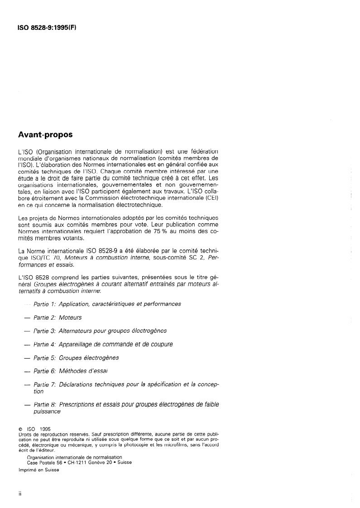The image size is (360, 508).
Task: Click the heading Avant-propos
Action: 45,134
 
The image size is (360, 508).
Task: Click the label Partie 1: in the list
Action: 44,304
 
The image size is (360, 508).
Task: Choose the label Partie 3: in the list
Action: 44,331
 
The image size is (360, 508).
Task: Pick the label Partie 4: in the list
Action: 44,344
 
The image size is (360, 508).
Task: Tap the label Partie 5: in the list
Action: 44,358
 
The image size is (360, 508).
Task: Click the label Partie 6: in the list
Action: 44,371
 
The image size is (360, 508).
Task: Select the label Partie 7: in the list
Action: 44,384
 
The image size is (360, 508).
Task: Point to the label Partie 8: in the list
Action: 44,404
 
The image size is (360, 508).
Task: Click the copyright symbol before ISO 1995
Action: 20,429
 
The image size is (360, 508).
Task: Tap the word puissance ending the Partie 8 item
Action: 47,411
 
